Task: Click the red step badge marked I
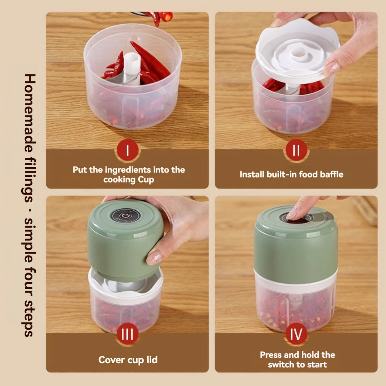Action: [127, 151]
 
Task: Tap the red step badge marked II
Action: [296, 151]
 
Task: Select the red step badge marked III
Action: [127, 334]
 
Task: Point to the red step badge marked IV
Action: [296, 334]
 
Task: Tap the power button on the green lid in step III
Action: [125, 217]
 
